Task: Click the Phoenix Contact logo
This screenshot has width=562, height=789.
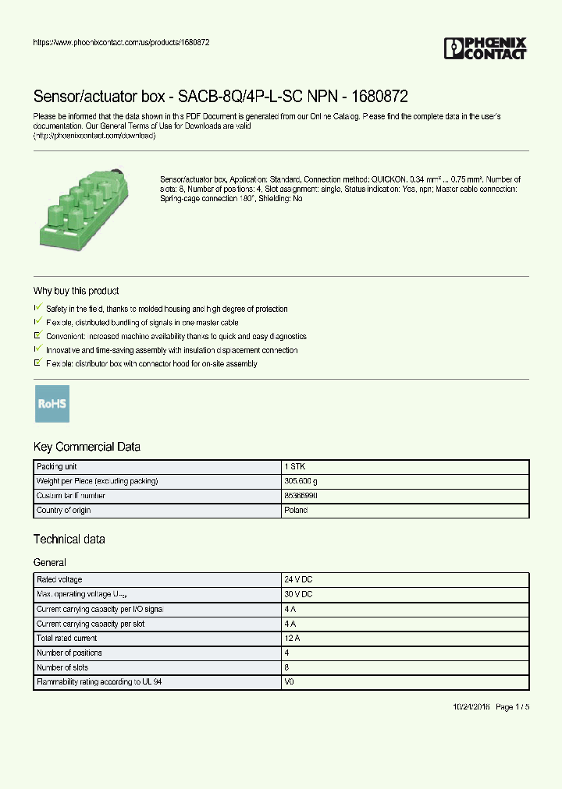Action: [x=485, y=48]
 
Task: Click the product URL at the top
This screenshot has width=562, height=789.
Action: [x=121, y=42]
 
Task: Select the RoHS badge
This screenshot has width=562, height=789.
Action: [x=52, y=404]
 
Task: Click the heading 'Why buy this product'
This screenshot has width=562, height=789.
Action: [x=76, y=291]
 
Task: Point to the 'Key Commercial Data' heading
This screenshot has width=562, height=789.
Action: [x=87, y=447]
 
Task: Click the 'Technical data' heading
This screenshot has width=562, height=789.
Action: [x=69, y=539]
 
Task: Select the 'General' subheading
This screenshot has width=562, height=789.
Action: [x=49, y=562]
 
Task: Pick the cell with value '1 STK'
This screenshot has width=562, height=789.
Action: [x=295, y=466]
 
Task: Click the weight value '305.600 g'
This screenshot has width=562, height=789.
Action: [x=301, y=481]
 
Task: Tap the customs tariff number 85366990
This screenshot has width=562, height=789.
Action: [x=301, y=496]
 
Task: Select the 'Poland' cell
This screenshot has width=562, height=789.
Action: [x=296, y=511]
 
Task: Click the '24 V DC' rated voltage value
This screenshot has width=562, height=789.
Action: [x=298, y=580]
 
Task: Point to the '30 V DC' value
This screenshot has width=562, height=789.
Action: [x=298, y=595]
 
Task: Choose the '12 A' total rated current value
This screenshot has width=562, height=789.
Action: [x=291, y=639]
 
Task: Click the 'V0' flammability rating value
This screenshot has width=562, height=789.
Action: [x=289, y=682]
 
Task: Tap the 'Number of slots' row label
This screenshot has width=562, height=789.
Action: [x=62, y=667]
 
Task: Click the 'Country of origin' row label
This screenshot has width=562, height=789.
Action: [x=63, y=511]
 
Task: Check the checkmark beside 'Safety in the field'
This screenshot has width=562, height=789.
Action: [x=38, y=309]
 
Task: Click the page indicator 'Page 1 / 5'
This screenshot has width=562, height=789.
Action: [x=512, y=706]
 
